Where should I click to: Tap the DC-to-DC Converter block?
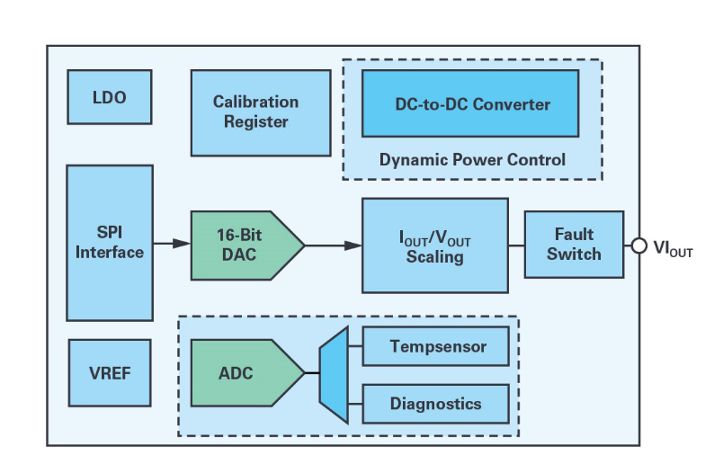[x=469, y=104]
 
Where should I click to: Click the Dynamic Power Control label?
[x=472, y=160]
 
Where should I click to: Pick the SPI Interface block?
[x=110, y=243]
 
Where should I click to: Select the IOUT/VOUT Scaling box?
[x=434, y=246]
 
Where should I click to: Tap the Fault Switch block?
[x=574, y=245]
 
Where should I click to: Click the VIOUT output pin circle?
[x=639, y=245]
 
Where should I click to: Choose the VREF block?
[x=110, y=372]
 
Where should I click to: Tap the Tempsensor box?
[x=436, y=346]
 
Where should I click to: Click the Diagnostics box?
[x=436, y=403]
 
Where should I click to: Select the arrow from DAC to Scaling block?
[x=334, y=245]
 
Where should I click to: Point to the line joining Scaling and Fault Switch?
[x=516, y=245]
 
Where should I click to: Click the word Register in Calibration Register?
[x=255, y=121]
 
